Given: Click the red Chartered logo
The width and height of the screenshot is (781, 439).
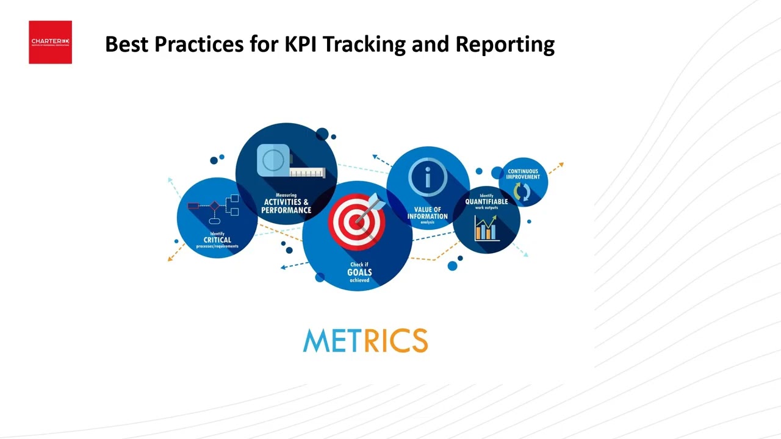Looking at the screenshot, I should coord(50,42).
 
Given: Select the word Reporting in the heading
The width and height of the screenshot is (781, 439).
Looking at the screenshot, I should coord(505,45).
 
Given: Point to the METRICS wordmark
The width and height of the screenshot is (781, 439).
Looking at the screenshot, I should coord(365,341).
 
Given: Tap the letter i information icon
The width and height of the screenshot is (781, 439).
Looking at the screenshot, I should coord(428,178).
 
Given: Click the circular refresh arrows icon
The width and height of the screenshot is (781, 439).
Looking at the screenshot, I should coord(522,191).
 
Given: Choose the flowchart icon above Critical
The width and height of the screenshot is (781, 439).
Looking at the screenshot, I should coord(214,207).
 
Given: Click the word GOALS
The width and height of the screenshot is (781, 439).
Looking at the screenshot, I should coord(359,272).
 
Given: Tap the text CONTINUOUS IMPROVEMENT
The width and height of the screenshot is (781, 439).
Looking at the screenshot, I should coord(523,174).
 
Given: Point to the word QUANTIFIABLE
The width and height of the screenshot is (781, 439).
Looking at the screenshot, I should coord(486,202).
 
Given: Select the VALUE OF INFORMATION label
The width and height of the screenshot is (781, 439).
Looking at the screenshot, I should coord(428,213).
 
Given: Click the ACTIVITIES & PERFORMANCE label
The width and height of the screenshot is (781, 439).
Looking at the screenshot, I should coord(286,206).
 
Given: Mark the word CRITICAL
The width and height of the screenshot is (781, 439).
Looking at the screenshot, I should coord(217,240).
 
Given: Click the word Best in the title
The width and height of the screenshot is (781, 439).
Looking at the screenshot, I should coord(126,45).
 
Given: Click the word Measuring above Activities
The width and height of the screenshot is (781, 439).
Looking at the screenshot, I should coord(286,195).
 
